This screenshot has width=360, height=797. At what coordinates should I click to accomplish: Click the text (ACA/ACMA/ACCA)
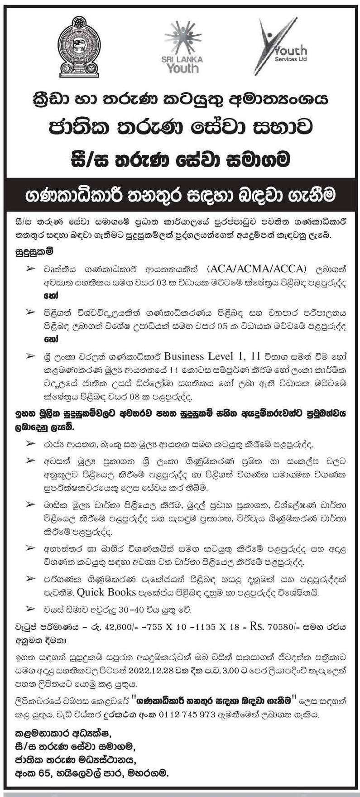(x=258, y=268)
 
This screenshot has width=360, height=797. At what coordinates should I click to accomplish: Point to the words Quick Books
(x=106, y=592)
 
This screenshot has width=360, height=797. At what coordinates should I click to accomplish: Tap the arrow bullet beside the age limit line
(x=30, y=610)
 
